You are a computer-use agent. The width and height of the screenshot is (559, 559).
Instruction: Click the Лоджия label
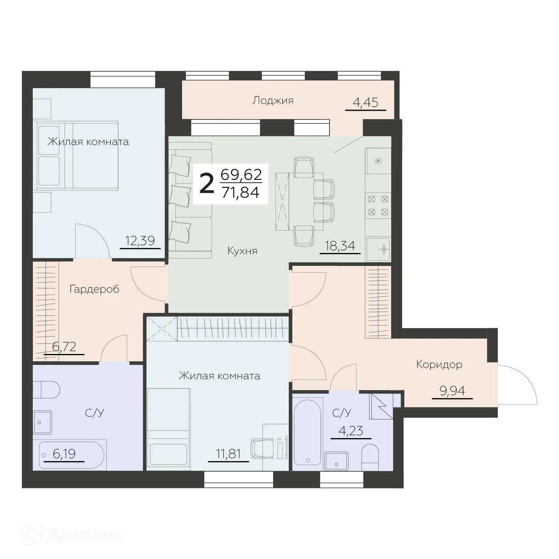(x=273, y=101)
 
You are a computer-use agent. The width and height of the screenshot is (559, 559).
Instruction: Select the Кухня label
(x=242, y=251)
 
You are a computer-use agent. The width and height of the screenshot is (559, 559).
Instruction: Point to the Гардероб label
(x=94, y=290)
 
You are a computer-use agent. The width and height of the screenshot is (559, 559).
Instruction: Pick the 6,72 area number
(x=64, y=347)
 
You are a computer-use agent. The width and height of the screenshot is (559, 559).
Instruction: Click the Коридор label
(x=439, y=365)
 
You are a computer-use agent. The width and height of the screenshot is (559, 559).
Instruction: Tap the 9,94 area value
(x=452, y=391)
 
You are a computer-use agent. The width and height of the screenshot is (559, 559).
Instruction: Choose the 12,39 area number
(x=140, y=241)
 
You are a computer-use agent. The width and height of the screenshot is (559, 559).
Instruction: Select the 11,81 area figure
(x=228, y=454)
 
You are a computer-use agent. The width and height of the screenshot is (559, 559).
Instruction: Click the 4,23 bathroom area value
(x=351, y=432)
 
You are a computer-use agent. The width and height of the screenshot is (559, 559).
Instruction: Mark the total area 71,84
(x=240, y=192)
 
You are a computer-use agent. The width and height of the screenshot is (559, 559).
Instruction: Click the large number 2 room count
(x=207, y=184)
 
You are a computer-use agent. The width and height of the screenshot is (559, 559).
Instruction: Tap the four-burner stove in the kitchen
(x=378, y=205)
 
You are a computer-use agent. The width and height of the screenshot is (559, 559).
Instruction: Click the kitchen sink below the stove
(x=378, y=249)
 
